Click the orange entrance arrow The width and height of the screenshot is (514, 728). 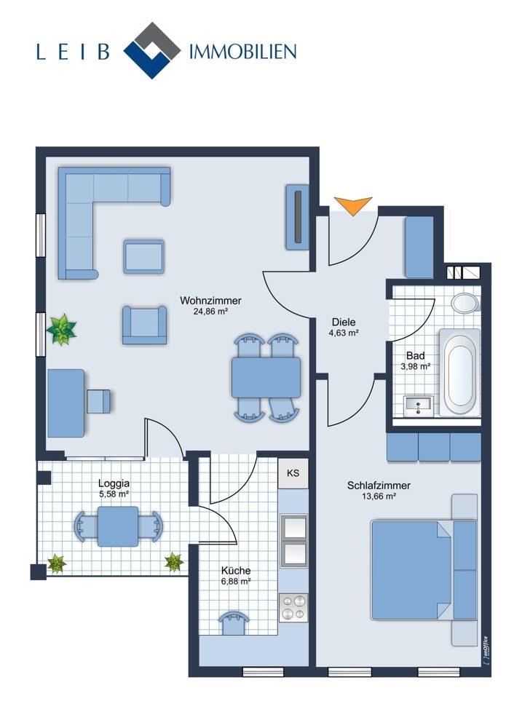point(353,205)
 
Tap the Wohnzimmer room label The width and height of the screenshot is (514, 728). point(211,301)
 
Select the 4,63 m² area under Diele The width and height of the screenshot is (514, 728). point(344,333)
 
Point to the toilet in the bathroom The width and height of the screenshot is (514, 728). point(466,302)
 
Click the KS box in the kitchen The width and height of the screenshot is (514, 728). point(293,474)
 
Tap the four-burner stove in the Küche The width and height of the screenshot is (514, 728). point(293,608)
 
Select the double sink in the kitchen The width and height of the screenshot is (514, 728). point(293,541)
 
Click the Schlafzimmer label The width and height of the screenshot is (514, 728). point(379,486)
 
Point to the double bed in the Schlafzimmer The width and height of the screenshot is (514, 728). point(424,571)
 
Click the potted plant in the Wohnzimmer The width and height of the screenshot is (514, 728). point(61,329)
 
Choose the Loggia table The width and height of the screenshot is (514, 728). point(118,526)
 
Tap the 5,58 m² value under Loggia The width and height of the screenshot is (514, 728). point(114,494)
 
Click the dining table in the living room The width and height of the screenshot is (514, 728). point(266,377)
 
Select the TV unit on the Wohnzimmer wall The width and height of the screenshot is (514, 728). point(298,217)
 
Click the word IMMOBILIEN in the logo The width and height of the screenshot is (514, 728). point(243,51)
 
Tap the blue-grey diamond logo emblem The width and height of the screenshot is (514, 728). point(152,50)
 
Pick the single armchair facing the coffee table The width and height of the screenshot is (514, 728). point(144,325)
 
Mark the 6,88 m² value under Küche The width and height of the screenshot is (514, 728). point(236,581)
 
